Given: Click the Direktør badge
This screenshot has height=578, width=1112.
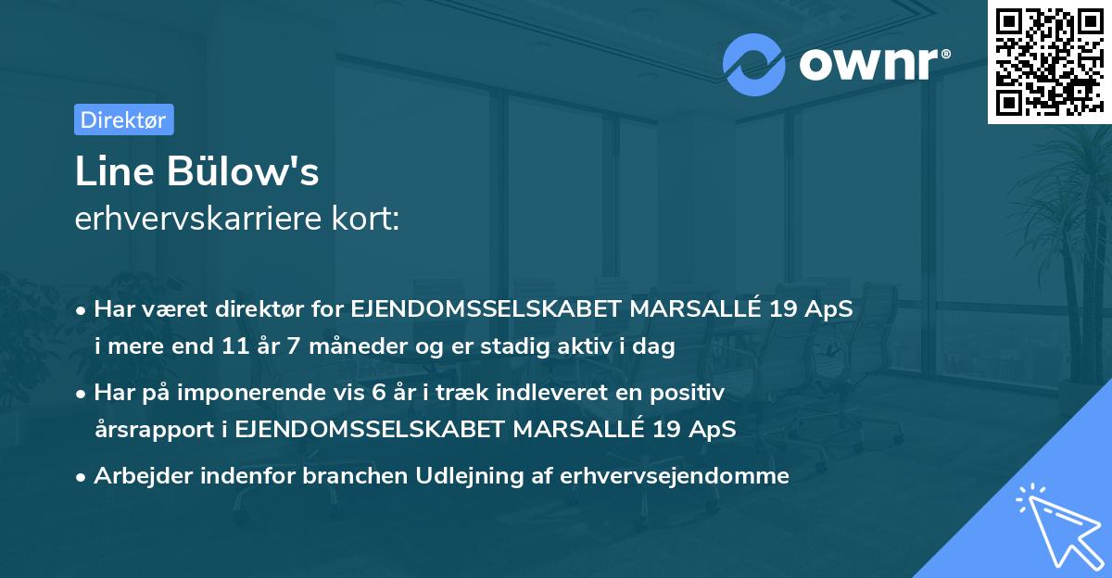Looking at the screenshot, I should [123, 119].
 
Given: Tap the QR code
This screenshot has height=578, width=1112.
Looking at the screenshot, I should [1049, 62].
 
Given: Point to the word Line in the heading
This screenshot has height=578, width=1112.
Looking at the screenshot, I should [104, 171].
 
